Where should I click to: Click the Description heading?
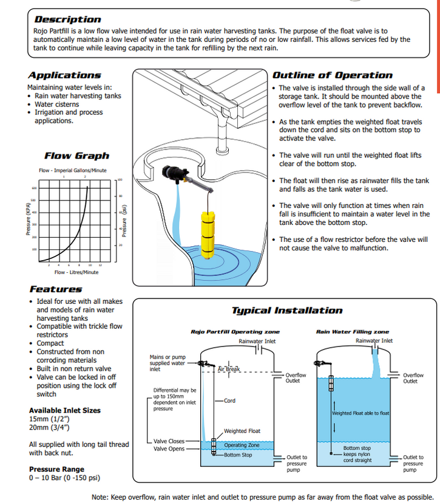click(68, 19)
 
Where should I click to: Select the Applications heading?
click(64, 75)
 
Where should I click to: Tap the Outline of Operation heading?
click(332, 75)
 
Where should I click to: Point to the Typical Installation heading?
click(287, 311)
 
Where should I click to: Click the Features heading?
click(55, 289)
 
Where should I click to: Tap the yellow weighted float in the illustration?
click(208, 234)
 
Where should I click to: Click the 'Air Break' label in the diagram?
click(229, 369)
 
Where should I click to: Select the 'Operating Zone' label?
click(242, 445)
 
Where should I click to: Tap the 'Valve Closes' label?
click(169, 442)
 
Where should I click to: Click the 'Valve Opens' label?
click(169, 449)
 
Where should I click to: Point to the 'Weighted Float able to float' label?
click(360, 413)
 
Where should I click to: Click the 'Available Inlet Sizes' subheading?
click(65, 411)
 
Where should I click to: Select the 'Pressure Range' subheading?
click(56, 469)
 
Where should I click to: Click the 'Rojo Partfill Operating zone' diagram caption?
click(235, 332)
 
